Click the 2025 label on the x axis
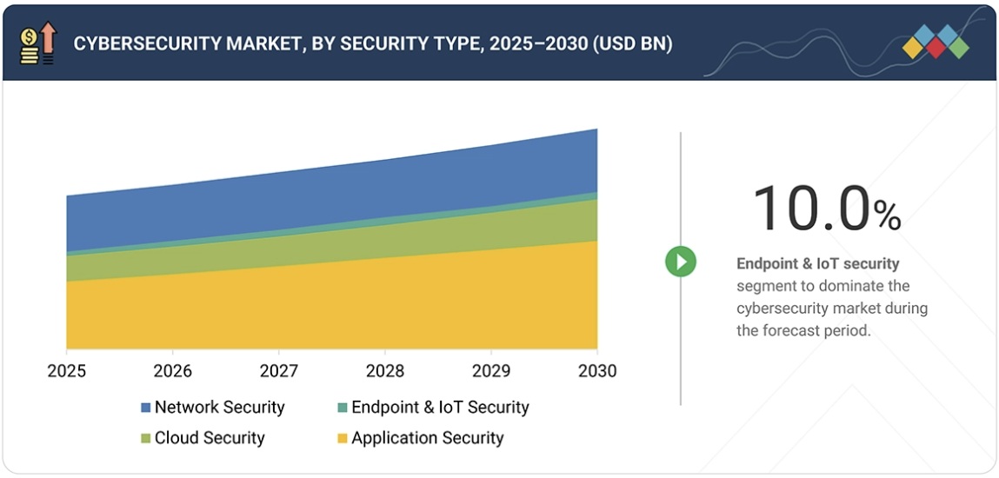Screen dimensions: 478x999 (66, 371)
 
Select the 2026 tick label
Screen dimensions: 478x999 (172, 371)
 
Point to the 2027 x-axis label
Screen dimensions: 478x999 (279, 371)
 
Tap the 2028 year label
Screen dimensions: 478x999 (385, 371)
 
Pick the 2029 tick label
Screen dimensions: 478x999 (491, 371)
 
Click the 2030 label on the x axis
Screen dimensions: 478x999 (596, 371)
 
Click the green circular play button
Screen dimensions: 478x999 (681, 261)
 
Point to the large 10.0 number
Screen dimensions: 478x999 (810, 209)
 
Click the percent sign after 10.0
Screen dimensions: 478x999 (887, 216)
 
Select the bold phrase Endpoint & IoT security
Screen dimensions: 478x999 (817, 263)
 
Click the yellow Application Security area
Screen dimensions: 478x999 (330, 309)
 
